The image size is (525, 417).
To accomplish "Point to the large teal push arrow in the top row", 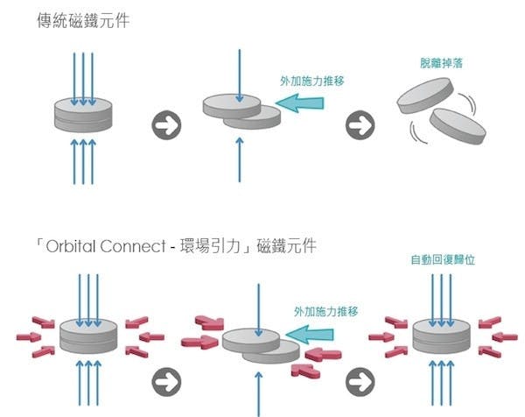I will [300, 104].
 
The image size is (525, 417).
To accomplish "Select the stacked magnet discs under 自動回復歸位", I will [437, 336].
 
